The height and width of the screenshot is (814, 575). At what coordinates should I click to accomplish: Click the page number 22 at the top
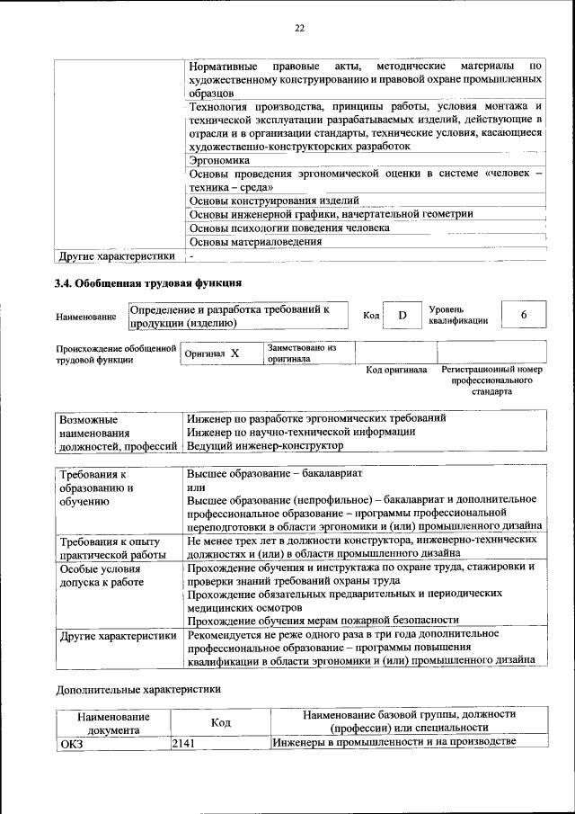point(299,29)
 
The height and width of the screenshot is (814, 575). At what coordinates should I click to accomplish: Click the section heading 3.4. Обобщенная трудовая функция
point(147,283)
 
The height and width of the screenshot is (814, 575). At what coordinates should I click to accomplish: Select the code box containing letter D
point(402,316)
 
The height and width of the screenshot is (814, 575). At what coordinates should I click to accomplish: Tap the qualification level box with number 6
point(523,316)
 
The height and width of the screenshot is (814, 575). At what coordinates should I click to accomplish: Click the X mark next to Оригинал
point(234,354)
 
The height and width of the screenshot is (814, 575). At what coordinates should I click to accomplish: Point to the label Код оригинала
point(396,370)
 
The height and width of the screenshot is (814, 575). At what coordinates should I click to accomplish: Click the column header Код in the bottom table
point(220,721)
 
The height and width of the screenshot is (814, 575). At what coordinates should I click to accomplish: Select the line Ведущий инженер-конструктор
point(265,445)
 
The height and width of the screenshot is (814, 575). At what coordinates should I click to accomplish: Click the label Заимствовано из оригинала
point(300,353)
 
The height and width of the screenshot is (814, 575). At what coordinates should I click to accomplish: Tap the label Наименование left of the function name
point(85,317)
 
